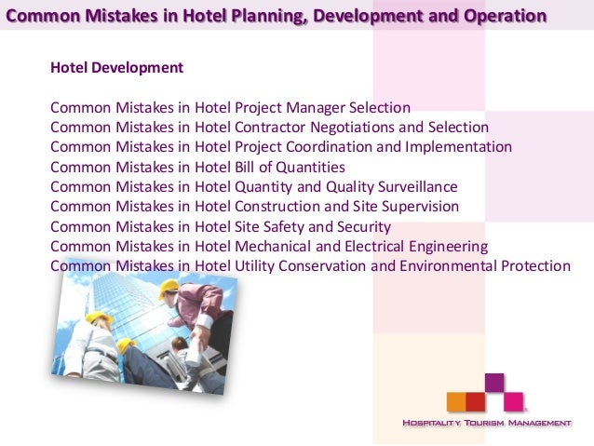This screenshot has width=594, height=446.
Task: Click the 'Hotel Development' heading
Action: pos(116,68)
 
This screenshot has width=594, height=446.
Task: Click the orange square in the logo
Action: pos(456,402)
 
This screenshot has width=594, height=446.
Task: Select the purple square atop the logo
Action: pos(494,383)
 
